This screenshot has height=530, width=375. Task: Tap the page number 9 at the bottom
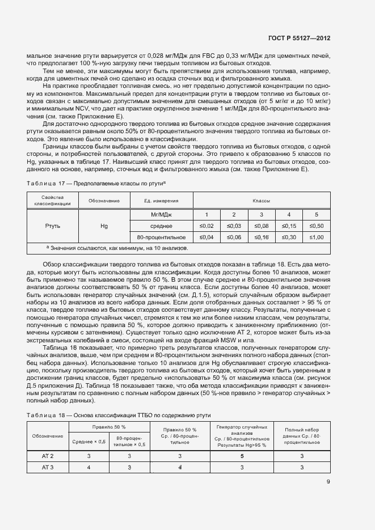click(328, 482)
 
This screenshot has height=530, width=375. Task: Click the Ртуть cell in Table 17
click(52, 226)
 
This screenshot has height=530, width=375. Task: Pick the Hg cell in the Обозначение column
click(104, 226)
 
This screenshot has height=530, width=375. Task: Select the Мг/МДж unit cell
click(162, 215)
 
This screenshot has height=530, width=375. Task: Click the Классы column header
click(261, 201)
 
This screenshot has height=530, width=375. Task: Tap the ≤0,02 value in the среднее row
click(207, 226)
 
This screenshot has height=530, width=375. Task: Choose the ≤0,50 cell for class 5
click(317, 226)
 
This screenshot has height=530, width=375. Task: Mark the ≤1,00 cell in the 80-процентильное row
click(317, 236)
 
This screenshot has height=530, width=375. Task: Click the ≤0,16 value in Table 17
click(261, 236)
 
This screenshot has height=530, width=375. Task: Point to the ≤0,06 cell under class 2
click(234, 236)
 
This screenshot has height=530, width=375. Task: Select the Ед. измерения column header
click(162, 201)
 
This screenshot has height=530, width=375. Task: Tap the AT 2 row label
click(48, 456)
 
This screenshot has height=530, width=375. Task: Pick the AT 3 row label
click(48, 467)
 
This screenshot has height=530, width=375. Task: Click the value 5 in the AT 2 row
click(242, 456)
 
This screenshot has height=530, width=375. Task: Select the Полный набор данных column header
click(302, 435)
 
